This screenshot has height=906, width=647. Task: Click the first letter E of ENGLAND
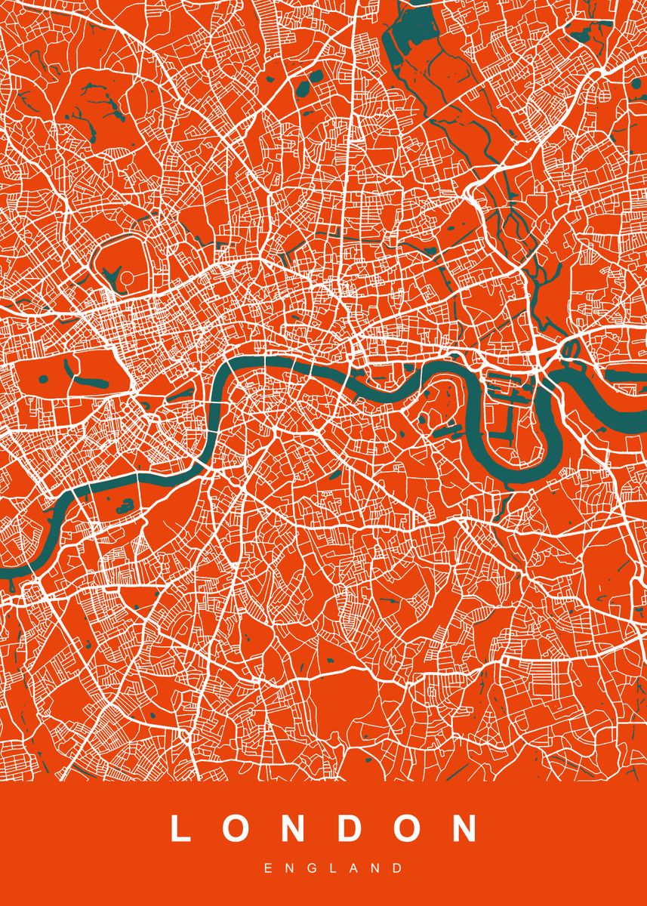268,869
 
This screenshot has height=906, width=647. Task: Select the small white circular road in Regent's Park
128,279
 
